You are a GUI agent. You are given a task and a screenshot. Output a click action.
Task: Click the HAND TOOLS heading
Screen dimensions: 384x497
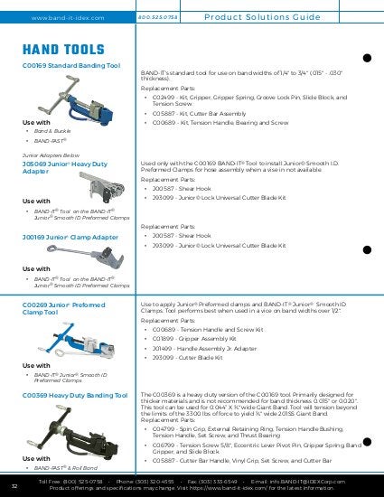[x=58, y=52]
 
